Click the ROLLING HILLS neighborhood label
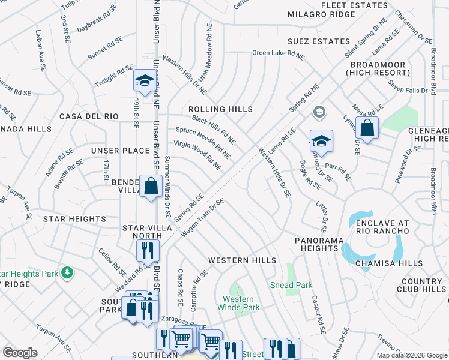pos(220,109)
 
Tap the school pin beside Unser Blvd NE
pos(144,81)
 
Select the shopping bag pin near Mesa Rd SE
pos(367,128)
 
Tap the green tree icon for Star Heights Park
pos(68,274)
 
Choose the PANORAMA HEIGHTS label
pos(319,244)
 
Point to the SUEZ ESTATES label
pos(319,41)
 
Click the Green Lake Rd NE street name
pos(277,53)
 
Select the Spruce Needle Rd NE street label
pos(203,142)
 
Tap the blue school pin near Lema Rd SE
pos(321,142)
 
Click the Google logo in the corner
pos(20,352)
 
